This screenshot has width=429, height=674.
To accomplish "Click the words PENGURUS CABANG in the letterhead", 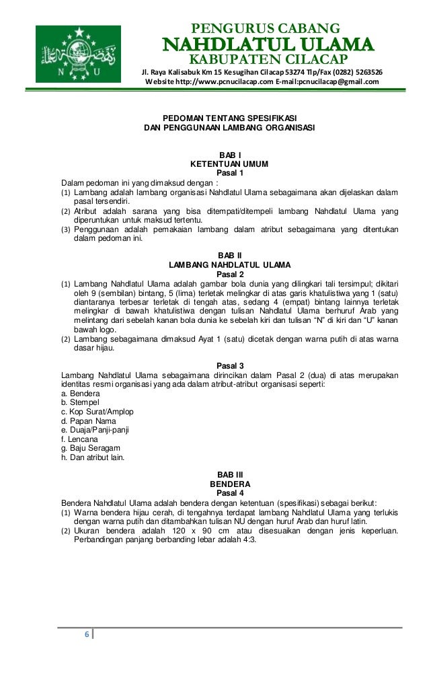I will (267, 29).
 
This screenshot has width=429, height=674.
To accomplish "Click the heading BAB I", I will (230, 155).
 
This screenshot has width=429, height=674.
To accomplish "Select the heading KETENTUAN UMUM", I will (230, 163).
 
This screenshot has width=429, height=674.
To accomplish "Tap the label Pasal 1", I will (230, 173).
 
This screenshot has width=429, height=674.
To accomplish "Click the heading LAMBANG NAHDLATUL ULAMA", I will (230, 264).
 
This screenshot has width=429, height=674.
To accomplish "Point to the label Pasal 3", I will (230, 365).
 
